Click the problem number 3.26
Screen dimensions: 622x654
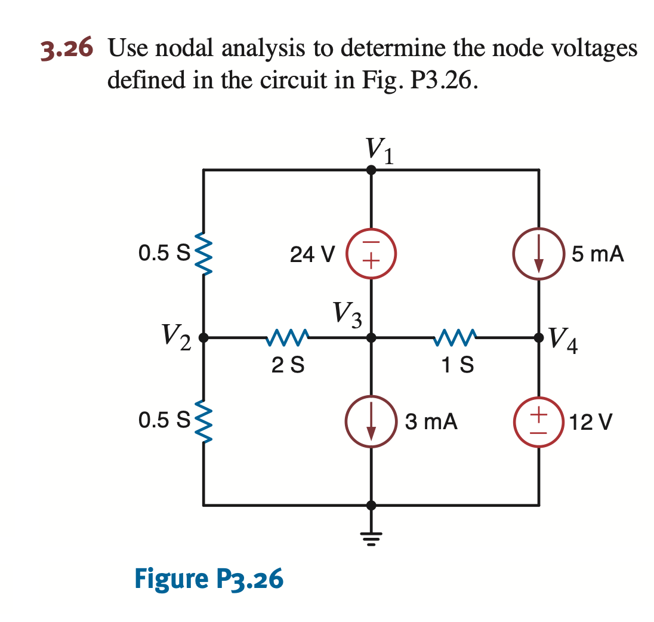[66, 48]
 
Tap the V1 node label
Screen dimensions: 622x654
[380, 149]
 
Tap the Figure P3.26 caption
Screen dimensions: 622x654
[209, 578]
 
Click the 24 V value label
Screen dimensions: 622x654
[312, 255]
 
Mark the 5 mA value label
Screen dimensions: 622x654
[597, 254]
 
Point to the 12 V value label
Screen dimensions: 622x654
[590, 422]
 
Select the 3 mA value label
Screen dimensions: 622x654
[431, 421]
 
